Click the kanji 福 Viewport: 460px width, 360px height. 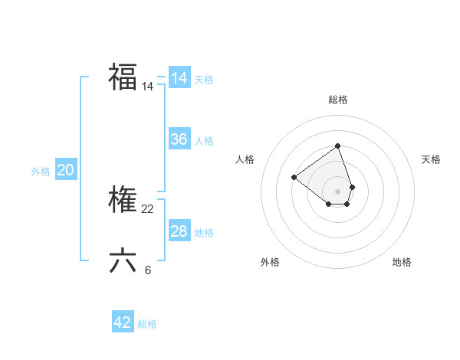123,77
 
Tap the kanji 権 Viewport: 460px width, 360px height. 123,201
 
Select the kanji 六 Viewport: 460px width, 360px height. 123,260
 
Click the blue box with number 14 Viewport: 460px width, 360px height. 179,78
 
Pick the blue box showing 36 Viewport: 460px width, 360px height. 179,139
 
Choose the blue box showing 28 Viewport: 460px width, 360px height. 179,231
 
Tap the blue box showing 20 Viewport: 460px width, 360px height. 65,170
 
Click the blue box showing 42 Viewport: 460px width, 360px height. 123,322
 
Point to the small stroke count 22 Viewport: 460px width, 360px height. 148,209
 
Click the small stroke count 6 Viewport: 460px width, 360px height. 148,269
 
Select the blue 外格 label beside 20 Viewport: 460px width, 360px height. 41,172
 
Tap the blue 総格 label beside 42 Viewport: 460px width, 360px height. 147,324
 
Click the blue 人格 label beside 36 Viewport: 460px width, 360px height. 204,141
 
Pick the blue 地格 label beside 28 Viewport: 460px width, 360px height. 204,233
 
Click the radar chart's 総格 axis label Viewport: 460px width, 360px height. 338,100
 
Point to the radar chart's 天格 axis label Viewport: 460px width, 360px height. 432,159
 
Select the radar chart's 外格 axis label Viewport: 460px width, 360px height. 270,262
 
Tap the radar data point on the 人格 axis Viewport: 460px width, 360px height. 294,177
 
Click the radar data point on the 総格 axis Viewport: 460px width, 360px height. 337,146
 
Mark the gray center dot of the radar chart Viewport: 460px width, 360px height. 337,191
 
